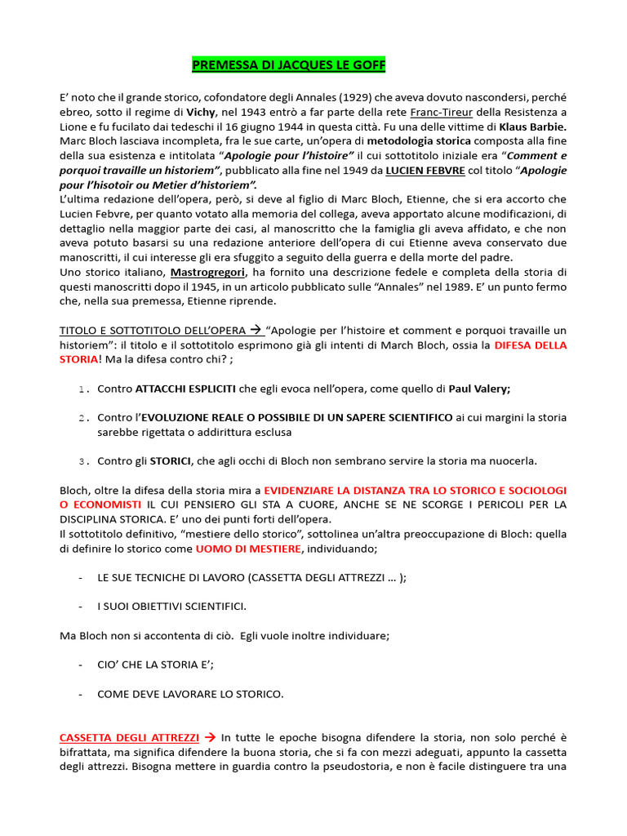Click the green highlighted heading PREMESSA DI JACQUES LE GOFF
pyautogui.click(x=289, y=64)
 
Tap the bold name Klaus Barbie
pyautogui.click(x=531, y=127)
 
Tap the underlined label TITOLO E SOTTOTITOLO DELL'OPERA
pyautogui.click(x=150, y=330)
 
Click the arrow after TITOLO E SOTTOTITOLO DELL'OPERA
pyautogui.click(x=255, y=330)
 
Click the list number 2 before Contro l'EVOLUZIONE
pyautogui.click(x=83, y=418)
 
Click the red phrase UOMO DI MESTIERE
pyautogui.click(x=248, y=549)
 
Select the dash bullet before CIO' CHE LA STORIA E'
pyautogui.click(x=81, y=665)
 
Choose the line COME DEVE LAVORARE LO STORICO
pyautogui.click(x=190, y=695)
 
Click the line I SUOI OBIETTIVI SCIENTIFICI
pyautogui.click(x=171, y=607)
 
